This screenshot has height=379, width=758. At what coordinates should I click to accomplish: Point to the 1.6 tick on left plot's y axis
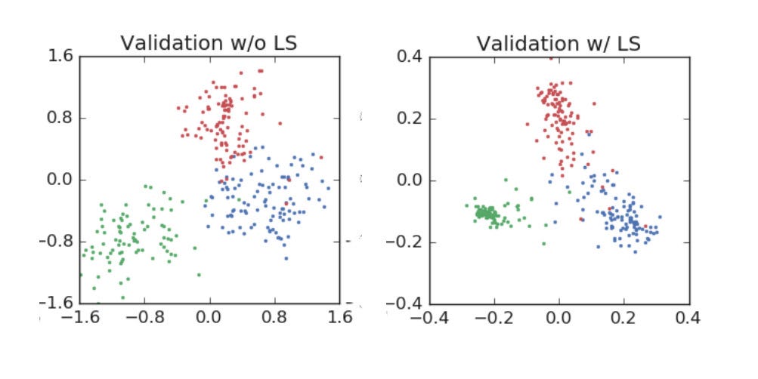tap(60, 57)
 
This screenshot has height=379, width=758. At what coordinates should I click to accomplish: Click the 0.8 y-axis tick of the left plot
tap(60, 119)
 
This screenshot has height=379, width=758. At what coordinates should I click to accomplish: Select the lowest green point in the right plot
tap(543, 244)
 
